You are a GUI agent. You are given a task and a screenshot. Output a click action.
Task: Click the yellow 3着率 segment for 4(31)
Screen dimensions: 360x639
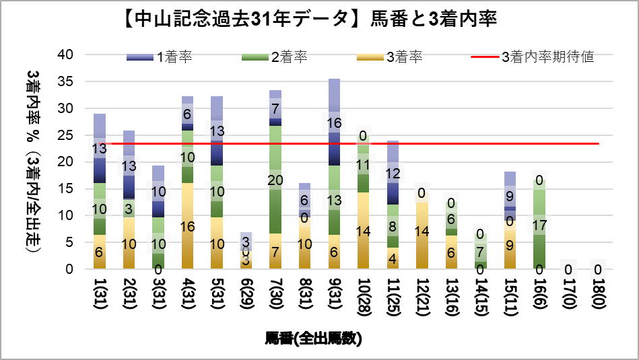[187, 225]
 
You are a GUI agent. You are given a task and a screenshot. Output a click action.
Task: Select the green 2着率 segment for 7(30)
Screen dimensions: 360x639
[274, 180]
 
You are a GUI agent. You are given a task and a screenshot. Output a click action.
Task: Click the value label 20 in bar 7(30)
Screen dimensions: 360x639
[274, 180]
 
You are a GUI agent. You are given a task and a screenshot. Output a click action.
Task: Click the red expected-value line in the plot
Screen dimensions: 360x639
[471, 143]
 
